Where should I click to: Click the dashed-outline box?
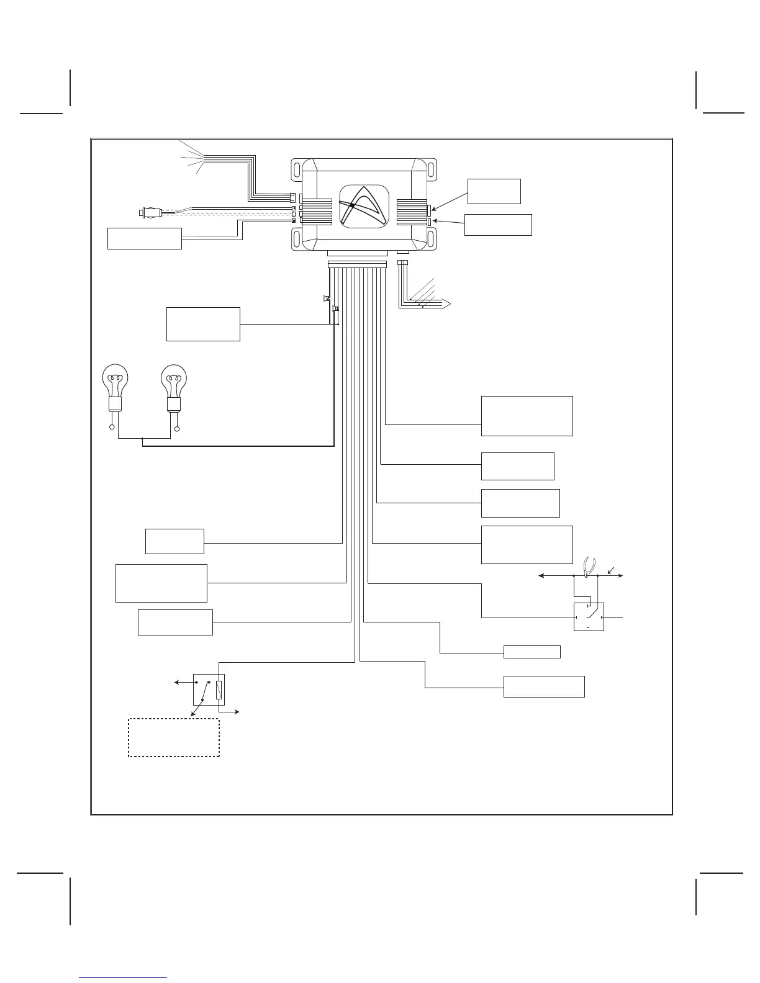174,737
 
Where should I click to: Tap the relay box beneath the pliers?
589,616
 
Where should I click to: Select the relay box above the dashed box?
208,689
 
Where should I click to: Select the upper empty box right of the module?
494,191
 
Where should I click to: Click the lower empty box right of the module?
498,225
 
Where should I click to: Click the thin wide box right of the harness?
532,652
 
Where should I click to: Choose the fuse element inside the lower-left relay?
219,689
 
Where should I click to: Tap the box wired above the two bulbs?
203,323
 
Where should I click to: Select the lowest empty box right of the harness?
544,686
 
